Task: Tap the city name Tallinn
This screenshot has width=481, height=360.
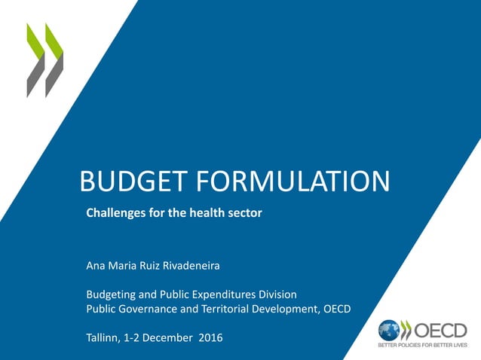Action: click(x=104, y=337)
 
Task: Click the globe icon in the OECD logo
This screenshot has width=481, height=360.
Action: click(x=389, y=330)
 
